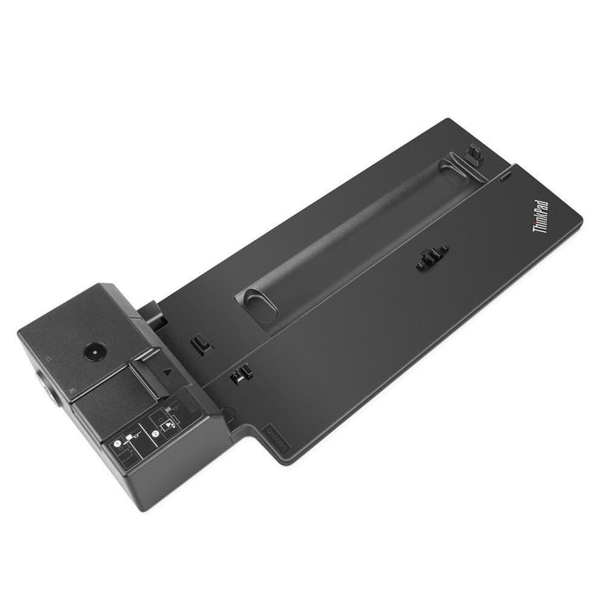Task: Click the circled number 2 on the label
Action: (x=154, y=414)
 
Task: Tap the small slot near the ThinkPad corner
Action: (x=501, y=180)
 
